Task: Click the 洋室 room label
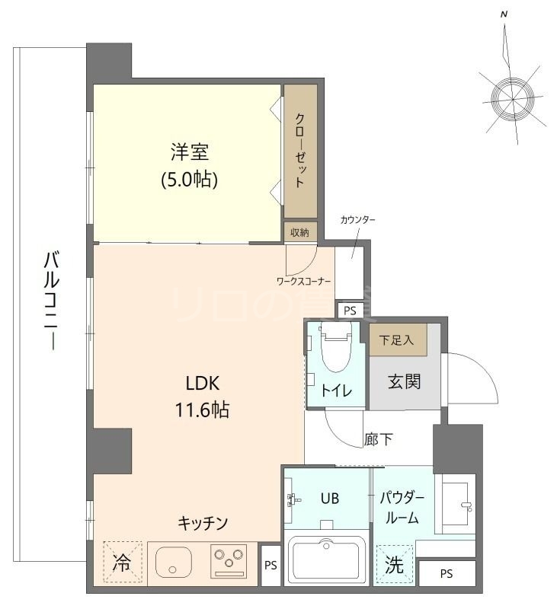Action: point(190,151)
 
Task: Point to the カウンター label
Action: point(358,220)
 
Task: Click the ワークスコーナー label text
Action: point(303,281)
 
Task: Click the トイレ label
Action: point(335,391)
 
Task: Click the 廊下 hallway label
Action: point(378,438)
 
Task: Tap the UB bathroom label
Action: point(329,499)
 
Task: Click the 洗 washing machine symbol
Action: point(394,566)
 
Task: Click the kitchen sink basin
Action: point(175,563)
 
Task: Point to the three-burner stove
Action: point(229,563)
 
